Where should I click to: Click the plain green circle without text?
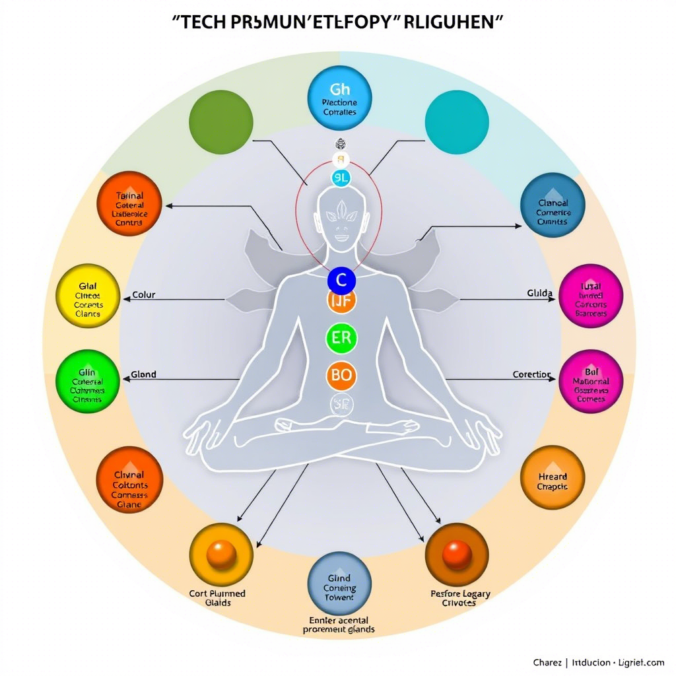(x=220, y=123)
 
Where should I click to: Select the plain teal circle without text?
(x=457, y=123)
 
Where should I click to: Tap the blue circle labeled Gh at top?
(x=339, y=98)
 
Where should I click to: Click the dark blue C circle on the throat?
(x=341, y=281)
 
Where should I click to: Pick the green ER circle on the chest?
(x=341, y=338)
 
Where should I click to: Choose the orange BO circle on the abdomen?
(x=341, y=376)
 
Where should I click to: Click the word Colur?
(x=144, y=295)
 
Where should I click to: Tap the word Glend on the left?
(x=143, y=374)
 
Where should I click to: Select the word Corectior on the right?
(x=531, y=374)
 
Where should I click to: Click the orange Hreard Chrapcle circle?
(x=553, y=477)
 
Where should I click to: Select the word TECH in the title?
(x=201, y=22)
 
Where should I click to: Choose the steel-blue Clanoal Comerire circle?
(x=553, y=205)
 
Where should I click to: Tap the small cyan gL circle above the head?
(x=341, y=177)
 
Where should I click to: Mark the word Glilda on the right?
(x=539, y=293)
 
